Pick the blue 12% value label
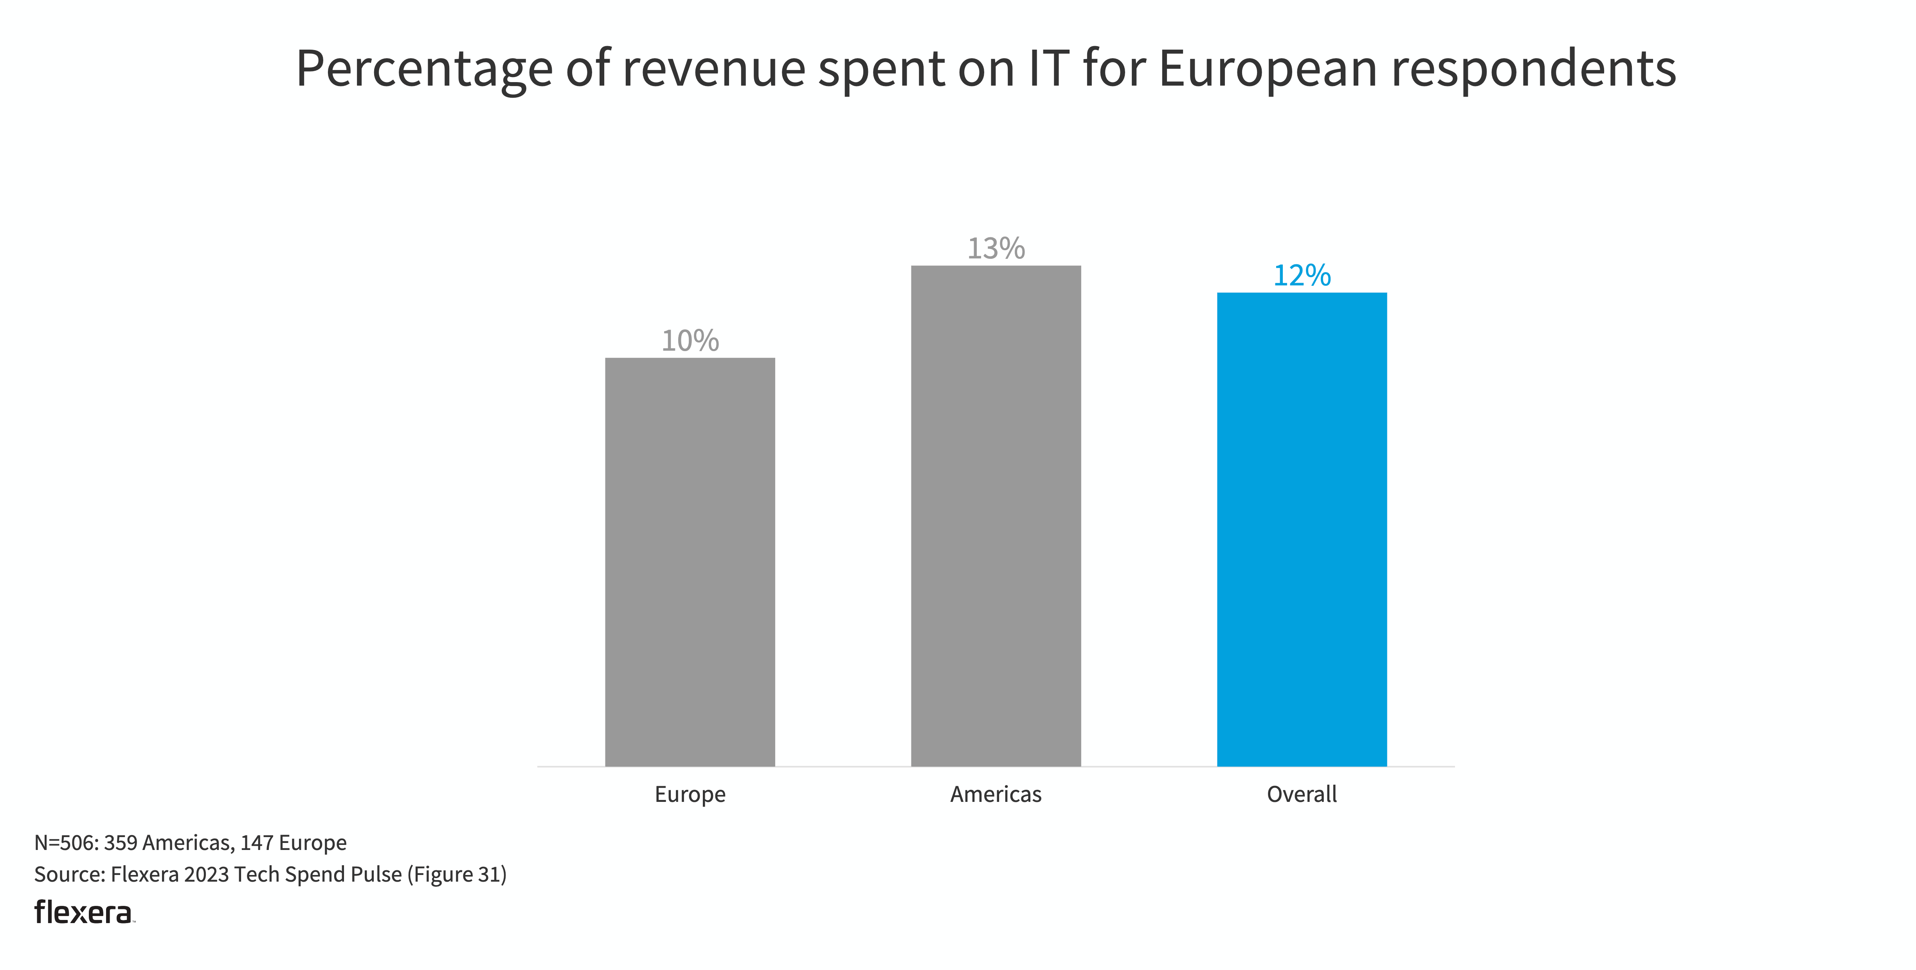[1302, 276]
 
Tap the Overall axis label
[1302, 794]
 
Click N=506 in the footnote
[65, 843]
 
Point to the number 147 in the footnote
[257, 843]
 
